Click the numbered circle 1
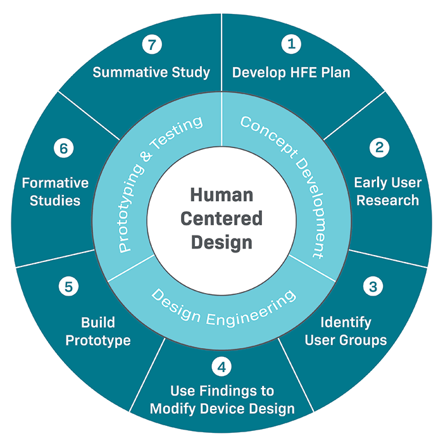[x=291, y=44]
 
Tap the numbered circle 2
[x=380, y=147]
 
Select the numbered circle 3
[x=373, y=286]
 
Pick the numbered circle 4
[x=220, y=367]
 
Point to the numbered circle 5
[x=68, y=286]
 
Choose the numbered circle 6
[x=63, y=149]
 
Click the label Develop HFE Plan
[x=291, y=72]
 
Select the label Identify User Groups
[x=346, y=331]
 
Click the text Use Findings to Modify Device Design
[x=222, y=399]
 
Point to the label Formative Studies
[x=55, y=192]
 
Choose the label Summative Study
[x=151, y=72]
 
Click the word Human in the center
[x=221, y=195]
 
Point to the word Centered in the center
[x=221, y=219]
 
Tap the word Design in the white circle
[x=221, y=242]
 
